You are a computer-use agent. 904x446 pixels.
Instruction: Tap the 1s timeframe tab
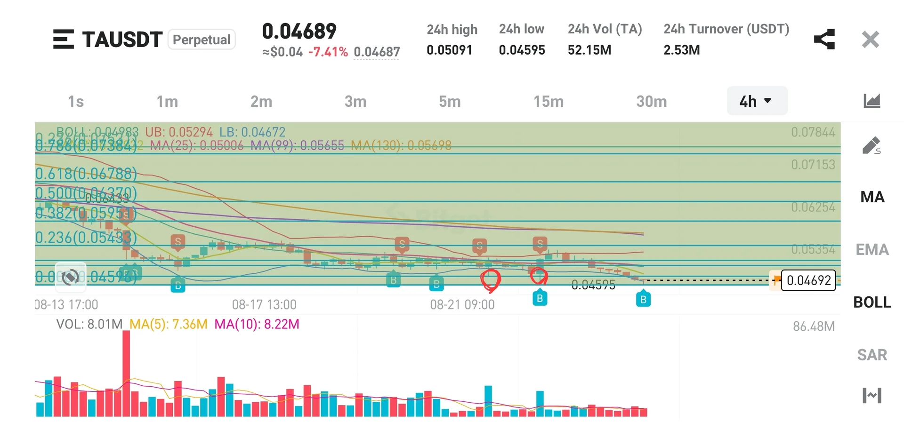coord(76,102)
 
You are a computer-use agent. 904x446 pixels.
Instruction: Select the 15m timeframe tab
coord(548,102)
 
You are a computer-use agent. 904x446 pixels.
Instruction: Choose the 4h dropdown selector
coord(756,101)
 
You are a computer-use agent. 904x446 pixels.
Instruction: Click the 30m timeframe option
coord(651,102)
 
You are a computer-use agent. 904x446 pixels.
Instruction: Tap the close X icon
coord(870,40)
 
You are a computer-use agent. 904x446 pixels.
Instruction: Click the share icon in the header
coord(824,40)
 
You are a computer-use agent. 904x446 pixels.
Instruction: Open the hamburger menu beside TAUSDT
coord(63,40)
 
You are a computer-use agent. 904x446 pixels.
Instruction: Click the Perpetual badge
coord(202,40)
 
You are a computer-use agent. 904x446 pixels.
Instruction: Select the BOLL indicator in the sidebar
coord(872,303)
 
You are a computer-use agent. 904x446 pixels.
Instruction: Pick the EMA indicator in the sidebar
coord(872,250)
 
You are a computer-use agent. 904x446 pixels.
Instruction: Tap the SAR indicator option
coord(872,355)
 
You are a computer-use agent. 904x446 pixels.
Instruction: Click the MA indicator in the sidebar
coord(872,197)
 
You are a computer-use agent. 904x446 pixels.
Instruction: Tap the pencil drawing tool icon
coord(871,146)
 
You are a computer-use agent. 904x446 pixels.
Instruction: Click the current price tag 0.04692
coord(808,281)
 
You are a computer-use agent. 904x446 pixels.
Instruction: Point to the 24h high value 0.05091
coord(449,50)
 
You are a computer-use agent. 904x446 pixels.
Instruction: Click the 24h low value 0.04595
coord(522,50)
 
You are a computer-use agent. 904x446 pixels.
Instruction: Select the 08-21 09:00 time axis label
coord(462,305)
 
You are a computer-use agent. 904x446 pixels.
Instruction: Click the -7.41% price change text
coord(328,52)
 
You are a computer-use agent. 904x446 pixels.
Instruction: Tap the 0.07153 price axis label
coord(813,165)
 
